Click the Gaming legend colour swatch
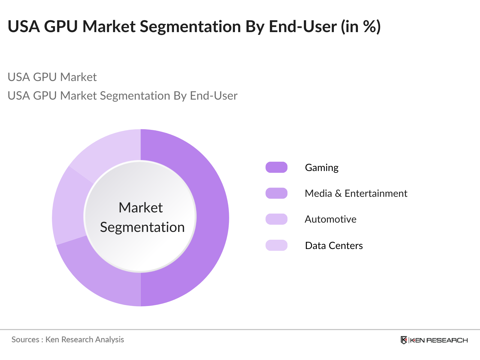(x=276, y=167)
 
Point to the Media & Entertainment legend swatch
(x=276, y=193)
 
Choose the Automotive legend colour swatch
(x=276, y=219)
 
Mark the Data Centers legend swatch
(x=276, y=245)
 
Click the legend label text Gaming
(x=322, y=167)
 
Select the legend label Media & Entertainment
(x=356, y=193)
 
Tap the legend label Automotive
(x=331, y=219)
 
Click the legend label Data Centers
(x=334, y=246)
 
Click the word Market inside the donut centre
(x=140, y=208)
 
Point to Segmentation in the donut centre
(x=142, y=227)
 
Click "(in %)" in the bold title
(x=361, y=26)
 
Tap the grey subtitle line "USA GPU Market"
(x=52, y=77)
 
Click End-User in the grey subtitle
(x=214, y=96)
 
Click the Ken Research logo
(x=434, y=340)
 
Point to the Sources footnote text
(x=68, y=340)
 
